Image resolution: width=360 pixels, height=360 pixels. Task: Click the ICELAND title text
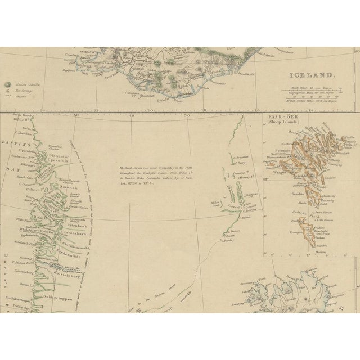(x=311, y=74)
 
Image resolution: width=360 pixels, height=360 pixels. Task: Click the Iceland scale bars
(x=326, y=97)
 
